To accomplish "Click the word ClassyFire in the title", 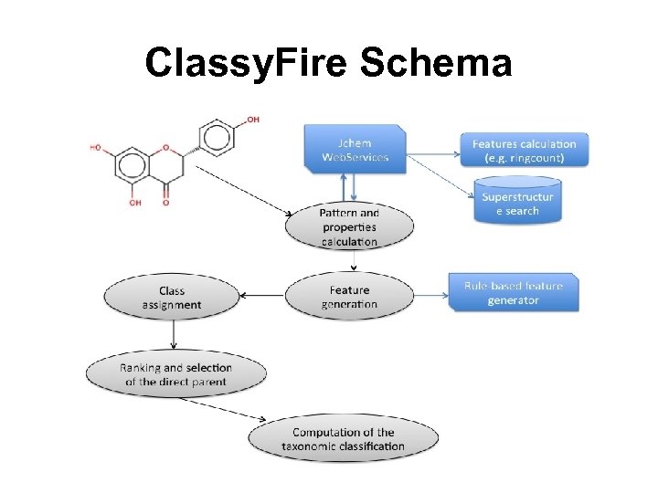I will [247, 64].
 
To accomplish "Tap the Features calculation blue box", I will [524, 150].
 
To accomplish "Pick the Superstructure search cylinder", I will [517, 204].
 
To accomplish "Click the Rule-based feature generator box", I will [513, 292].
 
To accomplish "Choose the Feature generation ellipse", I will [349, 297].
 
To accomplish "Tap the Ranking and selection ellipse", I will [175, 373].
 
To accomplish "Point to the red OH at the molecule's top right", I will [252, 121].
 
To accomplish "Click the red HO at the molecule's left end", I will [95, 147].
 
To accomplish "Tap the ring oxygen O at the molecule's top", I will [165, 147].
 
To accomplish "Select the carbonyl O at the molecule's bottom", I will [165, 202].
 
